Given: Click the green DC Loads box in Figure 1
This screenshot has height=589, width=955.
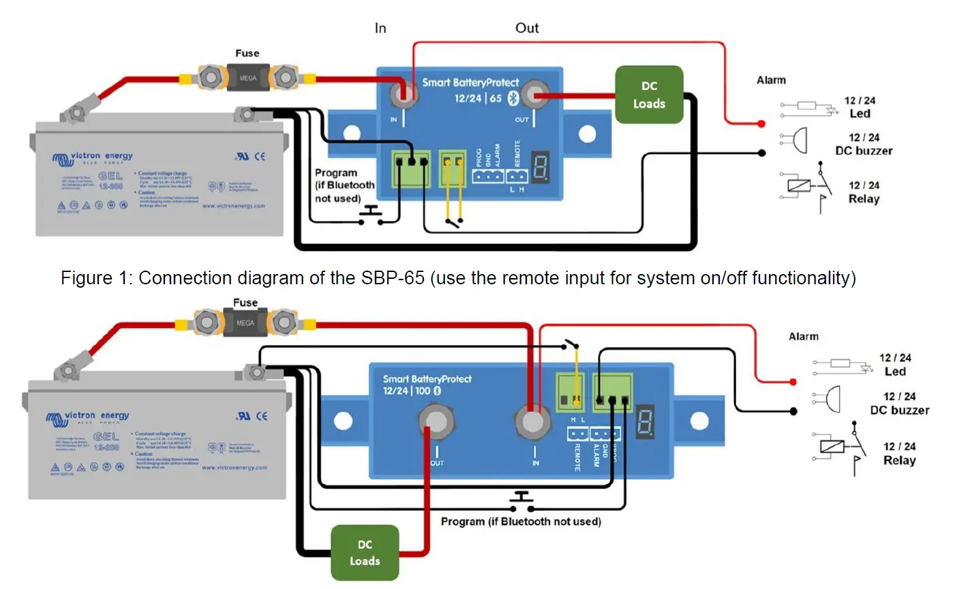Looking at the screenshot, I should [x=649, y=95].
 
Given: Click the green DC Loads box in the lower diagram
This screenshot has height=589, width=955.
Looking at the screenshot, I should [x=365, y=553].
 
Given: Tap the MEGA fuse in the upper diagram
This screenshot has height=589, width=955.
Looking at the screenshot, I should [x=247, y=78].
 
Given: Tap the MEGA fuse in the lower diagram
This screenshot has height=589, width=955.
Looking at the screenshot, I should [x=245, y=322].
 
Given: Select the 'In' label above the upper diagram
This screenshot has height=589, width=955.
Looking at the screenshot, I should [x=380, y=28].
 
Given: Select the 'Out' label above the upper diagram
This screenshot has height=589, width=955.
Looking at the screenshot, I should [x=527, y=28].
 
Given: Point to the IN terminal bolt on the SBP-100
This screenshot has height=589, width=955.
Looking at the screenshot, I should [x=532, y=421].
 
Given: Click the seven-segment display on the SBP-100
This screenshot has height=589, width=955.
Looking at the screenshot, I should [x=645, y=421].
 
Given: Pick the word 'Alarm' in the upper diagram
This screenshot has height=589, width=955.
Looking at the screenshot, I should [x=771, y=80].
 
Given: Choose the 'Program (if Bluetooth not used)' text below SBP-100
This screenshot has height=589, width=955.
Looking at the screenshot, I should [x=521, y=522].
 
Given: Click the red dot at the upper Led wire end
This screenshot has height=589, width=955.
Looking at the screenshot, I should [x=761, y=124].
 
